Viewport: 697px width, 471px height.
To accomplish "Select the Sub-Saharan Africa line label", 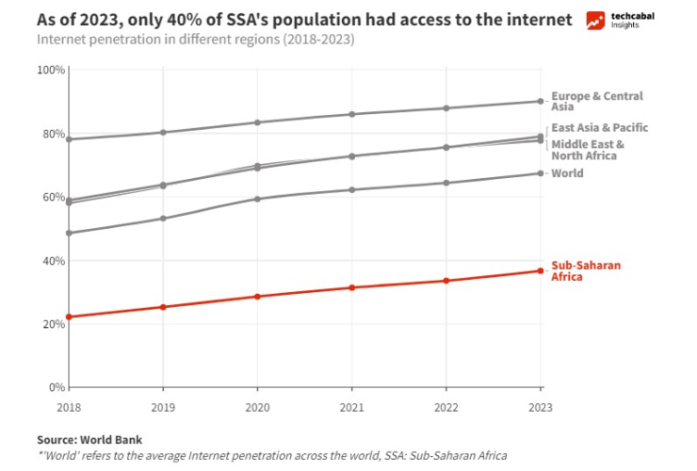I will [585, 271].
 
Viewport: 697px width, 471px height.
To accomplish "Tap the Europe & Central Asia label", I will [596, 101].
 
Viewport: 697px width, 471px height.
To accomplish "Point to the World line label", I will [567, 173].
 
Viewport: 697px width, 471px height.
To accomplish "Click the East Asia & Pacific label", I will [599, 127].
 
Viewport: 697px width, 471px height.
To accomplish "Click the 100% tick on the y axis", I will [51, 70].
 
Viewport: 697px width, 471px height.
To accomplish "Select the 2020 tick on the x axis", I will [257, 406].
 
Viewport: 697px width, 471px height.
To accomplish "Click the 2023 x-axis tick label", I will [541, 406].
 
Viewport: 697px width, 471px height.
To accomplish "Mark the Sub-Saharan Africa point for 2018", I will [69, 317].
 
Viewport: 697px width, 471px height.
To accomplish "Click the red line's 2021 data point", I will [352, 287].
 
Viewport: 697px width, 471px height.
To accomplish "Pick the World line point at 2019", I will [163, 219].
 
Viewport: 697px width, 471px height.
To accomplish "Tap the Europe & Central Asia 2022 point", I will [446, 108].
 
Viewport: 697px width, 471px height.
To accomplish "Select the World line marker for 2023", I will [541, 173].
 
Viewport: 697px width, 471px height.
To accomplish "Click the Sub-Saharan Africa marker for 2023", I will [541, 271].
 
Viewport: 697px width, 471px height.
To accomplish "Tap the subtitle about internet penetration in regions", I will [197, 41].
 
